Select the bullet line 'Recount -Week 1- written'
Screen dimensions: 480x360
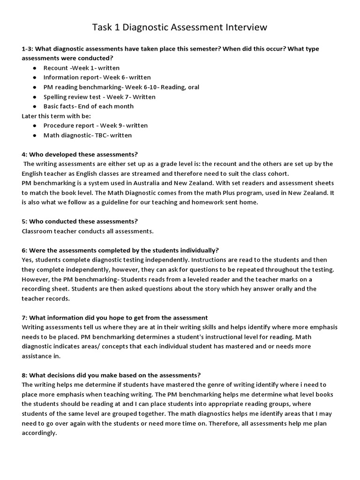pos(81,68)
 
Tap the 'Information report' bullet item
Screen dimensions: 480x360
pos(97,77)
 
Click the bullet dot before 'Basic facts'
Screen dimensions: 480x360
pos(35,106)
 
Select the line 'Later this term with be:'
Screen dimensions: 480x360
pos(56,116)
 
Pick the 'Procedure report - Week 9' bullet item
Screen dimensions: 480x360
pos(95,126)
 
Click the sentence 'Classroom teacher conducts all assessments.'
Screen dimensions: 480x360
pos(88,231)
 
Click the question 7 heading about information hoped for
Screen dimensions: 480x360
pos(115,317)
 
